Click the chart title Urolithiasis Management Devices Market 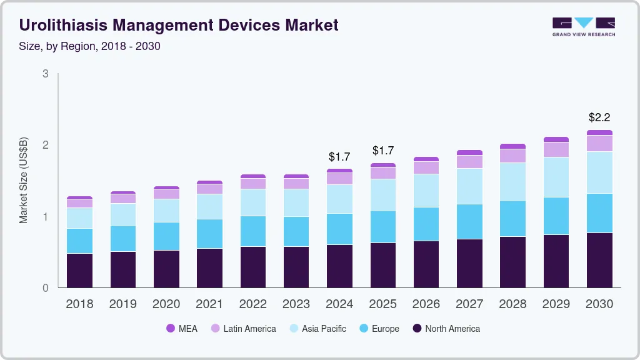179,25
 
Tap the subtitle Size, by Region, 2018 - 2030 90,46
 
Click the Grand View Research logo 583,27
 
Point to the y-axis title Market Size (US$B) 24,179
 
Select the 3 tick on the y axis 45,74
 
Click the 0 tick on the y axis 45,288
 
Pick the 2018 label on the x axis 79,304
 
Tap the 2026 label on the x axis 426,304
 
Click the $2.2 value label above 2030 599,117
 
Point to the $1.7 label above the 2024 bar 339,156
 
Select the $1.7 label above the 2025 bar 383,151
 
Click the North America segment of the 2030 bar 599,260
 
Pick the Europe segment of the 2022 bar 253,231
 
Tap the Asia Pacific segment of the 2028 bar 512,181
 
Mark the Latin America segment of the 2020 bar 166,194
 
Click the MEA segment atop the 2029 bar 556,139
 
